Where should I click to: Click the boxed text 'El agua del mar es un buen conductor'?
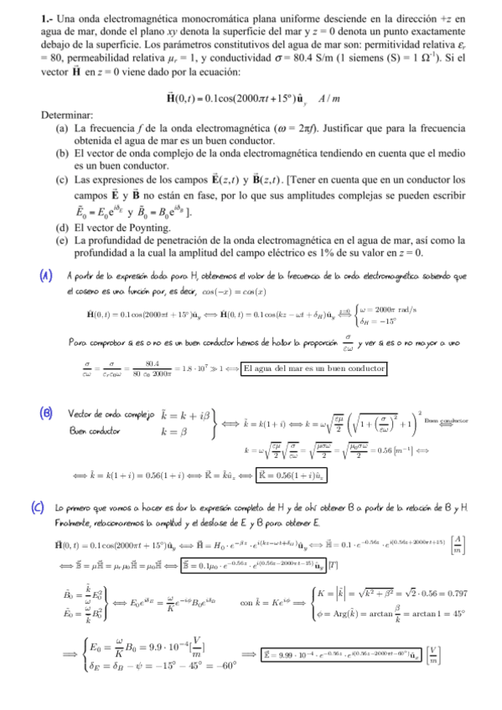point(313,368)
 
